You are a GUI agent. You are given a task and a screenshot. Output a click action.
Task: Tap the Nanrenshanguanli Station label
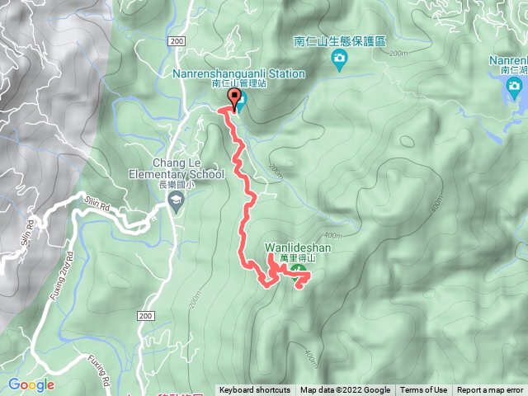(x=238, y=73)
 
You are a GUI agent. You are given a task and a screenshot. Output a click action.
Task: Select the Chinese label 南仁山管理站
(x=238, y=84)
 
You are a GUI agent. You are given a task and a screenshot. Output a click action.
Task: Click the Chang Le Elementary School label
(x=177, y=168)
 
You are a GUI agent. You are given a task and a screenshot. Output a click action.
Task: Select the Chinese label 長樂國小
(x=177, y=185)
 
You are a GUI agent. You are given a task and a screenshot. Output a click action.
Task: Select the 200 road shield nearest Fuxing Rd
(x=146, y=316)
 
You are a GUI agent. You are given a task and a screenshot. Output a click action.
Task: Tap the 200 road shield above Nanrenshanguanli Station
(x=176, y=40)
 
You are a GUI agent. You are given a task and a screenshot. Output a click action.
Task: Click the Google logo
(x=31, y=384)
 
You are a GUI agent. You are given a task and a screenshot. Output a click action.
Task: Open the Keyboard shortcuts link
(x=255, y=390)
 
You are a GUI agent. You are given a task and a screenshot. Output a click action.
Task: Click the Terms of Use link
(x=423, y=390)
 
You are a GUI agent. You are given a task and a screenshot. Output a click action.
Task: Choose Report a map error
(x=490, y=390)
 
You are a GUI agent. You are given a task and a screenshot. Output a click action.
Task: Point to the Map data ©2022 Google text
(x=345, y=390)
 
